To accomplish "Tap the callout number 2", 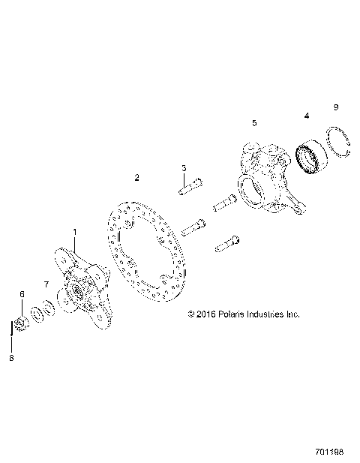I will (x=136, y=178).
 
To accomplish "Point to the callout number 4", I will (x=306, y=116).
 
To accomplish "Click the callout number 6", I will (x=22, y=293).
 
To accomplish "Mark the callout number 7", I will (x=46, y=285).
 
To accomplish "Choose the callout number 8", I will (x=11, y=359).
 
